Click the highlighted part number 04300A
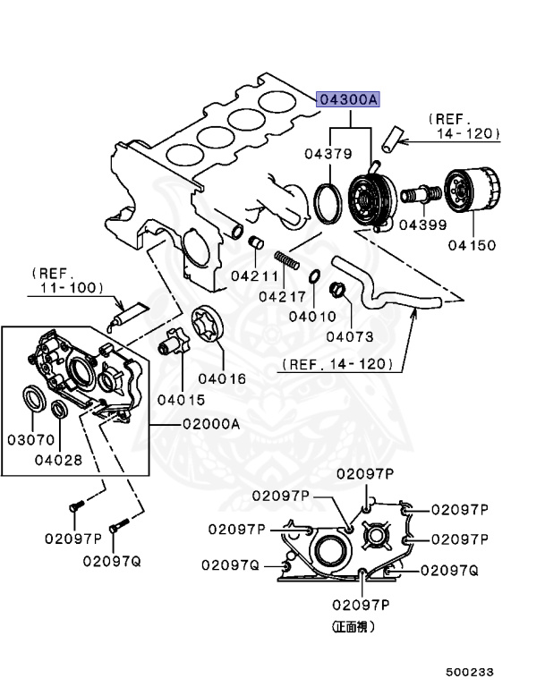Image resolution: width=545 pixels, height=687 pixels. [349, 100]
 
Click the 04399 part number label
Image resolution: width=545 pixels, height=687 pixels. [422, 224]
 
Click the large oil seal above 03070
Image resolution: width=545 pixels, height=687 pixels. [32, 396]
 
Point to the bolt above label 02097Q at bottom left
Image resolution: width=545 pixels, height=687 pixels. [115, 529]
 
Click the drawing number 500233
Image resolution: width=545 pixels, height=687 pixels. [470, 671]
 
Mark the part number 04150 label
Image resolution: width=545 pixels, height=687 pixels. [472, 244]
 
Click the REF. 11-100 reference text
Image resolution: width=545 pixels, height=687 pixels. [66, 280]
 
